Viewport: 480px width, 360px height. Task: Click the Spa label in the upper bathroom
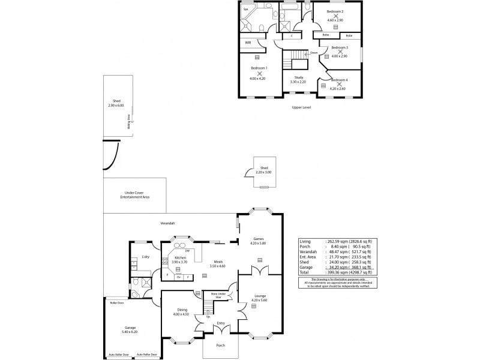[x=246, y=10]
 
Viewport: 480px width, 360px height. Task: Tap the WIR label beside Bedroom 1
[x=248, y=42]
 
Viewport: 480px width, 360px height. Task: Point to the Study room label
[x=298, y=77]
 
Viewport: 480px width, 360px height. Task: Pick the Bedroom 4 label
[x=339, y=80]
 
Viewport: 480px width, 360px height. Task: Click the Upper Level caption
[x=301, y=107]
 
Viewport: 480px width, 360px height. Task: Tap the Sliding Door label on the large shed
[x=129, y=123]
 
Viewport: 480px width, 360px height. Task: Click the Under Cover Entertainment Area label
[x=134, y=195]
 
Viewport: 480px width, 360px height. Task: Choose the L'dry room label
[x=145, y=257]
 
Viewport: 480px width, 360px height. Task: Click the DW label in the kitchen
[x=187, y=250]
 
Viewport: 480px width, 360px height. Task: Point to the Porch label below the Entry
[x=221, y=346]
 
